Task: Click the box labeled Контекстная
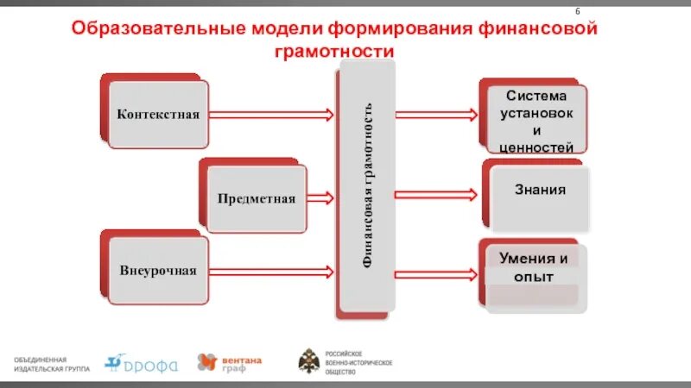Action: pos(158,114)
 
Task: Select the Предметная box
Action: pos(256,198)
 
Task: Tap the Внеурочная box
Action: pos(158,271)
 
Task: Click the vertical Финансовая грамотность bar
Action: pos(368,190)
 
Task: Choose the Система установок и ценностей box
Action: pos(536,120)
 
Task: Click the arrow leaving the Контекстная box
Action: pos(272,114)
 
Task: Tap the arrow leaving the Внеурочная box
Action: pos(272,272)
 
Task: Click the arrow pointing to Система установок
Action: pos(436,114)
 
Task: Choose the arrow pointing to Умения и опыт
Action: pos(436,272)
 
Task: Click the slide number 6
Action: pos(577,10)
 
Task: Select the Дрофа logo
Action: pos(141,364)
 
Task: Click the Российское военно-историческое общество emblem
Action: pos(308,362)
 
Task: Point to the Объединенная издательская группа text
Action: pos(51,363)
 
